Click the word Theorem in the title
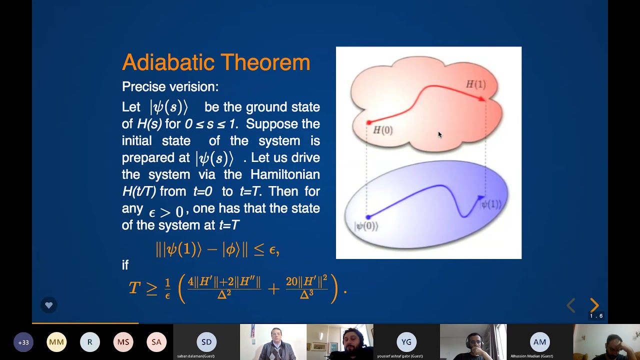point(267,62)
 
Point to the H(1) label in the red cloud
point(475,84)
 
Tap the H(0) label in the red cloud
point(383,130)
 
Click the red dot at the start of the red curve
point(369,122)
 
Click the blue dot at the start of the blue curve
point(368,217)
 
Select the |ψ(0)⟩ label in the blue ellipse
point(366,226)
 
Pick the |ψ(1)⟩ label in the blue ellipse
point(491,204)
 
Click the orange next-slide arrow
point(594,305)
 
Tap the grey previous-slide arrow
point(571,305)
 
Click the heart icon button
point(48,305)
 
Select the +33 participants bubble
point(23,342)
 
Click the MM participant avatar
point(56,342)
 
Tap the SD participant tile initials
point(206,342)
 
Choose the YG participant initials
point(406,342)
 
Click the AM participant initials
point(539,342)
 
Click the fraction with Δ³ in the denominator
point(306,287)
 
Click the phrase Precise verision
point(170,86)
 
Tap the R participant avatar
point(90,342)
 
